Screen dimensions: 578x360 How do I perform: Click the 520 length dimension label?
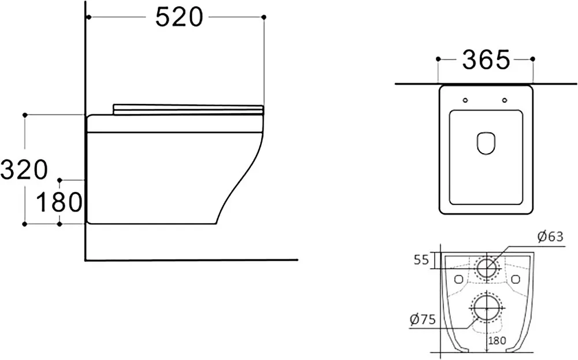pos(179,17)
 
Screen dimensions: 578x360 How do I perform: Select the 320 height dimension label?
pos(24,169)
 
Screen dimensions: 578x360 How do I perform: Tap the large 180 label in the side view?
pos(59,202)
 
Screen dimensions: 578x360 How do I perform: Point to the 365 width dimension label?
pos(486,60)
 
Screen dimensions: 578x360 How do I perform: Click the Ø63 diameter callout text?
pos(550,236)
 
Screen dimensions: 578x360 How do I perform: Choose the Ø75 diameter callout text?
pos(423,319)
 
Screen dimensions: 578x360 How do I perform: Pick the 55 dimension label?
pos(421,260)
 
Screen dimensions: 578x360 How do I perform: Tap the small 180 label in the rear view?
pos(497,340)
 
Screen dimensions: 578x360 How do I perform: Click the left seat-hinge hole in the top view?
pos(465,100)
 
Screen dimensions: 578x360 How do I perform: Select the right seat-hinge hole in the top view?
pos(505,100)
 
